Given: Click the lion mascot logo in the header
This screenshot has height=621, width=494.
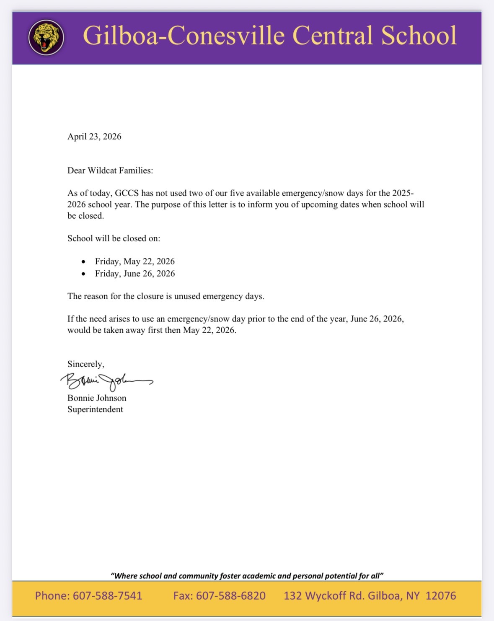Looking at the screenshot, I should pos(46,38).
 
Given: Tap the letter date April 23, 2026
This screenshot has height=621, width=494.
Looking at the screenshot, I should pos(94,137).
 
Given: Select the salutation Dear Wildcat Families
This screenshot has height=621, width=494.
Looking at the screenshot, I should pos(110,171).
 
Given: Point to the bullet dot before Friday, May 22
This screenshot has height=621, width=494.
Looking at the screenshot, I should pos(84,262).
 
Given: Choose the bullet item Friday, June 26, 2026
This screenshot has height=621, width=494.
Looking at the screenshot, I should pos(134,274).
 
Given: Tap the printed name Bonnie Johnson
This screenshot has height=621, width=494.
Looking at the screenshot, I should pos(97,398).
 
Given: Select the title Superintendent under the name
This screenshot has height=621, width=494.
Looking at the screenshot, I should pos(95,409).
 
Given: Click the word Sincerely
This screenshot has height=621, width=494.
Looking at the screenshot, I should pos(85,364).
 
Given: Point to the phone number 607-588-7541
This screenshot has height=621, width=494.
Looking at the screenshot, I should pos(108,595).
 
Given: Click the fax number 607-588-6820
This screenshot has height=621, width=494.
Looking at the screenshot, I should pos(231,595).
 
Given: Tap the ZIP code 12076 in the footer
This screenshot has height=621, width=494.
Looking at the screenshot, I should pos(441,595).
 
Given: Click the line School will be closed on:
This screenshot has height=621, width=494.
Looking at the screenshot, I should pos(114,238).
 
